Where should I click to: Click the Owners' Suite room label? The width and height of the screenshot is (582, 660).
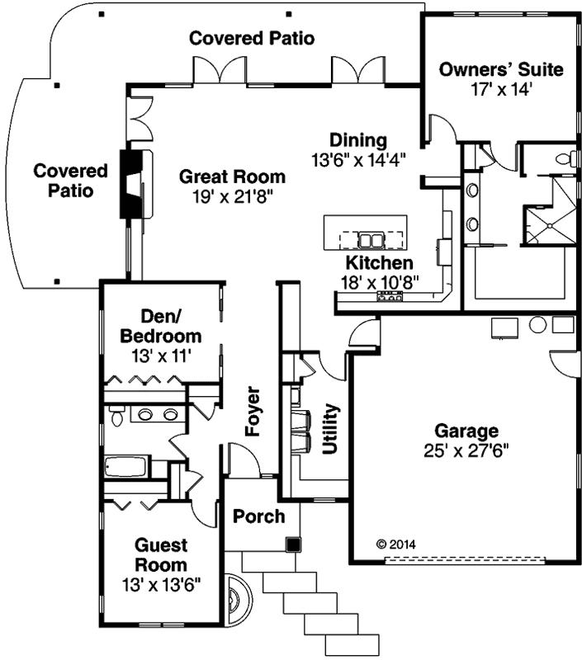(x=501, y=69)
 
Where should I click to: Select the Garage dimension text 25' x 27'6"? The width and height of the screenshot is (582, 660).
(x=467, y=450)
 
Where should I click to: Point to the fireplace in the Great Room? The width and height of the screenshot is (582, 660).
(x=132, y=184)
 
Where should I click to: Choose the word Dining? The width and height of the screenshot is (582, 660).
(x=357, y=139)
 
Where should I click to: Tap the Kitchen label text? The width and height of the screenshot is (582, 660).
(x=379, y=263)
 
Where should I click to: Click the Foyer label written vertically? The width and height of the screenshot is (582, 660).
(x=253, y=410)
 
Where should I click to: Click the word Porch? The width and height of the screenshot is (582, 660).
(x=258, y=516)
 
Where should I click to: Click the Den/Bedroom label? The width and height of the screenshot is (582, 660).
(x=161, y=328)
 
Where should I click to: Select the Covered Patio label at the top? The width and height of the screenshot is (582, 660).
(x=252, y=38)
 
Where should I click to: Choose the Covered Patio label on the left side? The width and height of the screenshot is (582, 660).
(x=70, y=180)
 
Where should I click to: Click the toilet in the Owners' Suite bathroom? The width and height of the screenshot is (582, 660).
(x=565, y=160)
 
